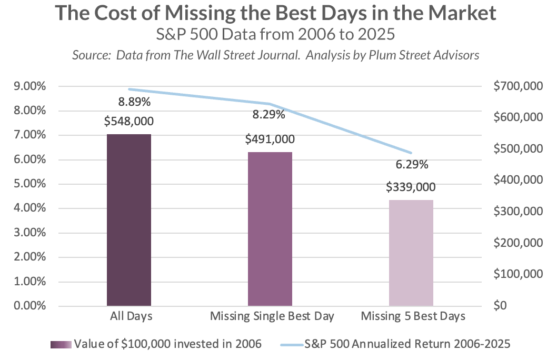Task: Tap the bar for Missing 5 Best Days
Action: coord(411,253)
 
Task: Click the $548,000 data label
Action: coord(129,122)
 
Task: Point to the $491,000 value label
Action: coord(270,140)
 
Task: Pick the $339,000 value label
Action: coord(411,187)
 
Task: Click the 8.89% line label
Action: coord(129,102)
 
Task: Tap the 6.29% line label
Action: coord(412,165)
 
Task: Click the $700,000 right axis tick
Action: coord(515,86)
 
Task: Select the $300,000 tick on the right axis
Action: coord(515,212)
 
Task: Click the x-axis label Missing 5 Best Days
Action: coord(413,317)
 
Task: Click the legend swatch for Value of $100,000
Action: coord(61,345)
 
